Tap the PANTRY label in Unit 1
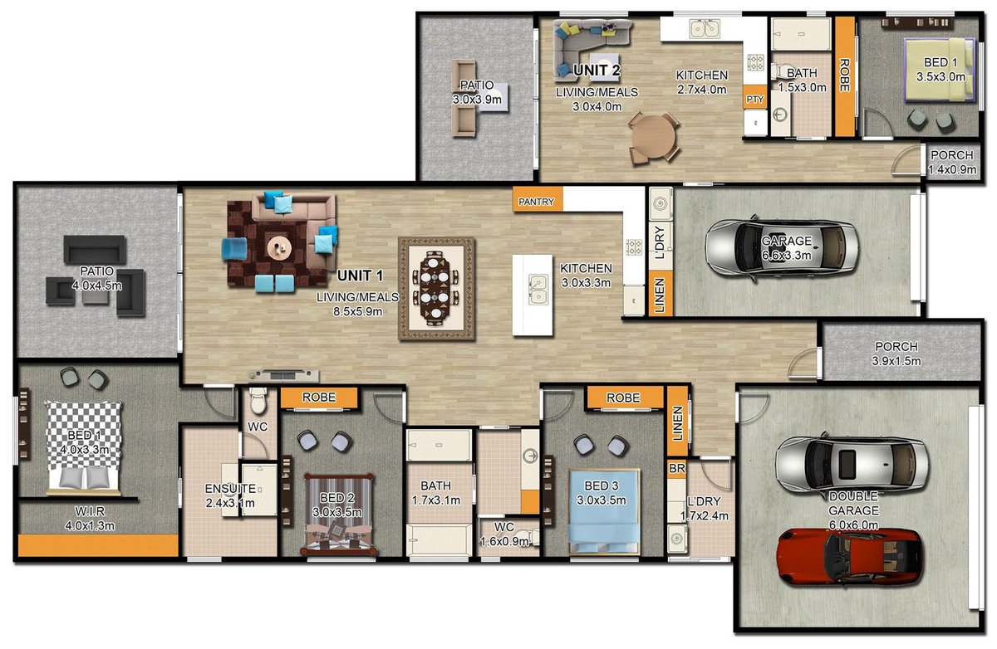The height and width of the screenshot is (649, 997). pos(536,201)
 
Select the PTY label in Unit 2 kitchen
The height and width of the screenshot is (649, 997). pos(754,100)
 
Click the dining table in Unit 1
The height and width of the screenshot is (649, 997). pos(436,288)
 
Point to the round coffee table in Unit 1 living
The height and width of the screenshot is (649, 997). pos(278,245)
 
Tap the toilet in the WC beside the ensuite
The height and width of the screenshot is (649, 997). pos(258,403)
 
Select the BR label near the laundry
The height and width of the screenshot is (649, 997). pos(675,469)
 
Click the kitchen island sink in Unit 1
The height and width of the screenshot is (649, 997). pos(538,286)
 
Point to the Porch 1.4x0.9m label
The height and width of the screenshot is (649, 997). pos(953,163)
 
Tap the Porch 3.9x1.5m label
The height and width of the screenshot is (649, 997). pos(896,354)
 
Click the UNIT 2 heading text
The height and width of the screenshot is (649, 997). pos(597,71)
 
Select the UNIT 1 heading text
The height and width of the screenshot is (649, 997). pos(361,276)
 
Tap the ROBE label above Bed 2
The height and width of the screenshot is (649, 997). pos(318,398)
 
